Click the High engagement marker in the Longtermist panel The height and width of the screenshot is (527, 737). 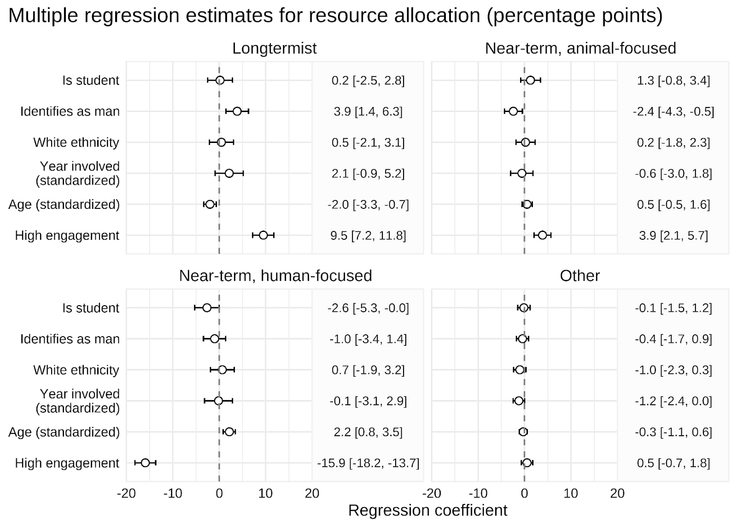(263, 235)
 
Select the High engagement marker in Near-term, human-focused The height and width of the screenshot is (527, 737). (145, 462)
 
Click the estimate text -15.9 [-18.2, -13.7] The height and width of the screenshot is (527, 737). (368, 463)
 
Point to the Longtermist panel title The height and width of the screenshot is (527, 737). (275, 48)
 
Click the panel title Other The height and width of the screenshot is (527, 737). (579, 276)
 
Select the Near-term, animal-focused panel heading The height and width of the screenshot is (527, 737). (580, 48)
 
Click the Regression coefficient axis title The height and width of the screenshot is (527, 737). (427, 510)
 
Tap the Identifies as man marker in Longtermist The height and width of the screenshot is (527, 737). (237, 111)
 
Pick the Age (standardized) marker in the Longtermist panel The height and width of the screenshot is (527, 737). (210, 204)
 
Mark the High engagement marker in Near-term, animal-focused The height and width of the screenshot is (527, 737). (543, 235)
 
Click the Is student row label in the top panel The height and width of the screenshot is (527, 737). (91, 80)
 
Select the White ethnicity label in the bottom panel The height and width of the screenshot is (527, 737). (76, 370)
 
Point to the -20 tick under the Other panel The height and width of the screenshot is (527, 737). (432, 493)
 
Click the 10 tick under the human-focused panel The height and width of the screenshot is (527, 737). (265, 493)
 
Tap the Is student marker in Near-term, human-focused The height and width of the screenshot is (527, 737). (207, 308)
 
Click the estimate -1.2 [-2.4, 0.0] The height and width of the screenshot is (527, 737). (673, 401)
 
